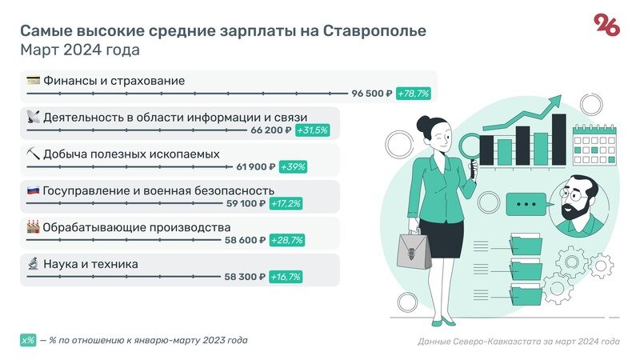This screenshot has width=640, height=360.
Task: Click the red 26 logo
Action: coord(606,26)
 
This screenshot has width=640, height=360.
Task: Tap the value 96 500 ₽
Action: coord(372,94)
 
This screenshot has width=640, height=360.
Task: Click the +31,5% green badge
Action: coord(312,130)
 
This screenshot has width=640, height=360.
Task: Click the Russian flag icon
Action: coord(33,190)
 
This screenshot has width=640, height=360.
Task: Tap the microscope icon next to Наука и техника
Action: coord(33,263)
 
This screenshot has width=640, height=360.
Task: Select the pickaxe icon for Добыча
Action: coord(33,154)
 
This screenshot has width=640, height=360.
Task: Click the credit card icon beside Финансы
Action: coord(33,80)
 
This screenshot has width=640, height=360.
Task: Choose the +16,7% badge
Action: coord(285,277)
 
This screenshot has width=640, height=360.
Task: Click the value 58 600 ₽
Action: coord(246,240)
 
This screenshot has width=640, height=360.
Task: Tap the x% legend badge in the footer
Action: coord(28,340)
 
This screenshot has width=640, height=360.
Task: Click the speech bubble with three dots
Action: coord(526,205)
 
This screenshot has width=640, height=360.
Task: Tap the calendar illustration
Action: coord(596,142)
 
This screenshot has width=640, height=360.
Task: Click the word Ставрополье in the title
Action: coord(375,30)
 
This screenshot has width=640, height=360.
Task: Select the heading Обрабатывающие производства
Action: coord(137,227)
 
